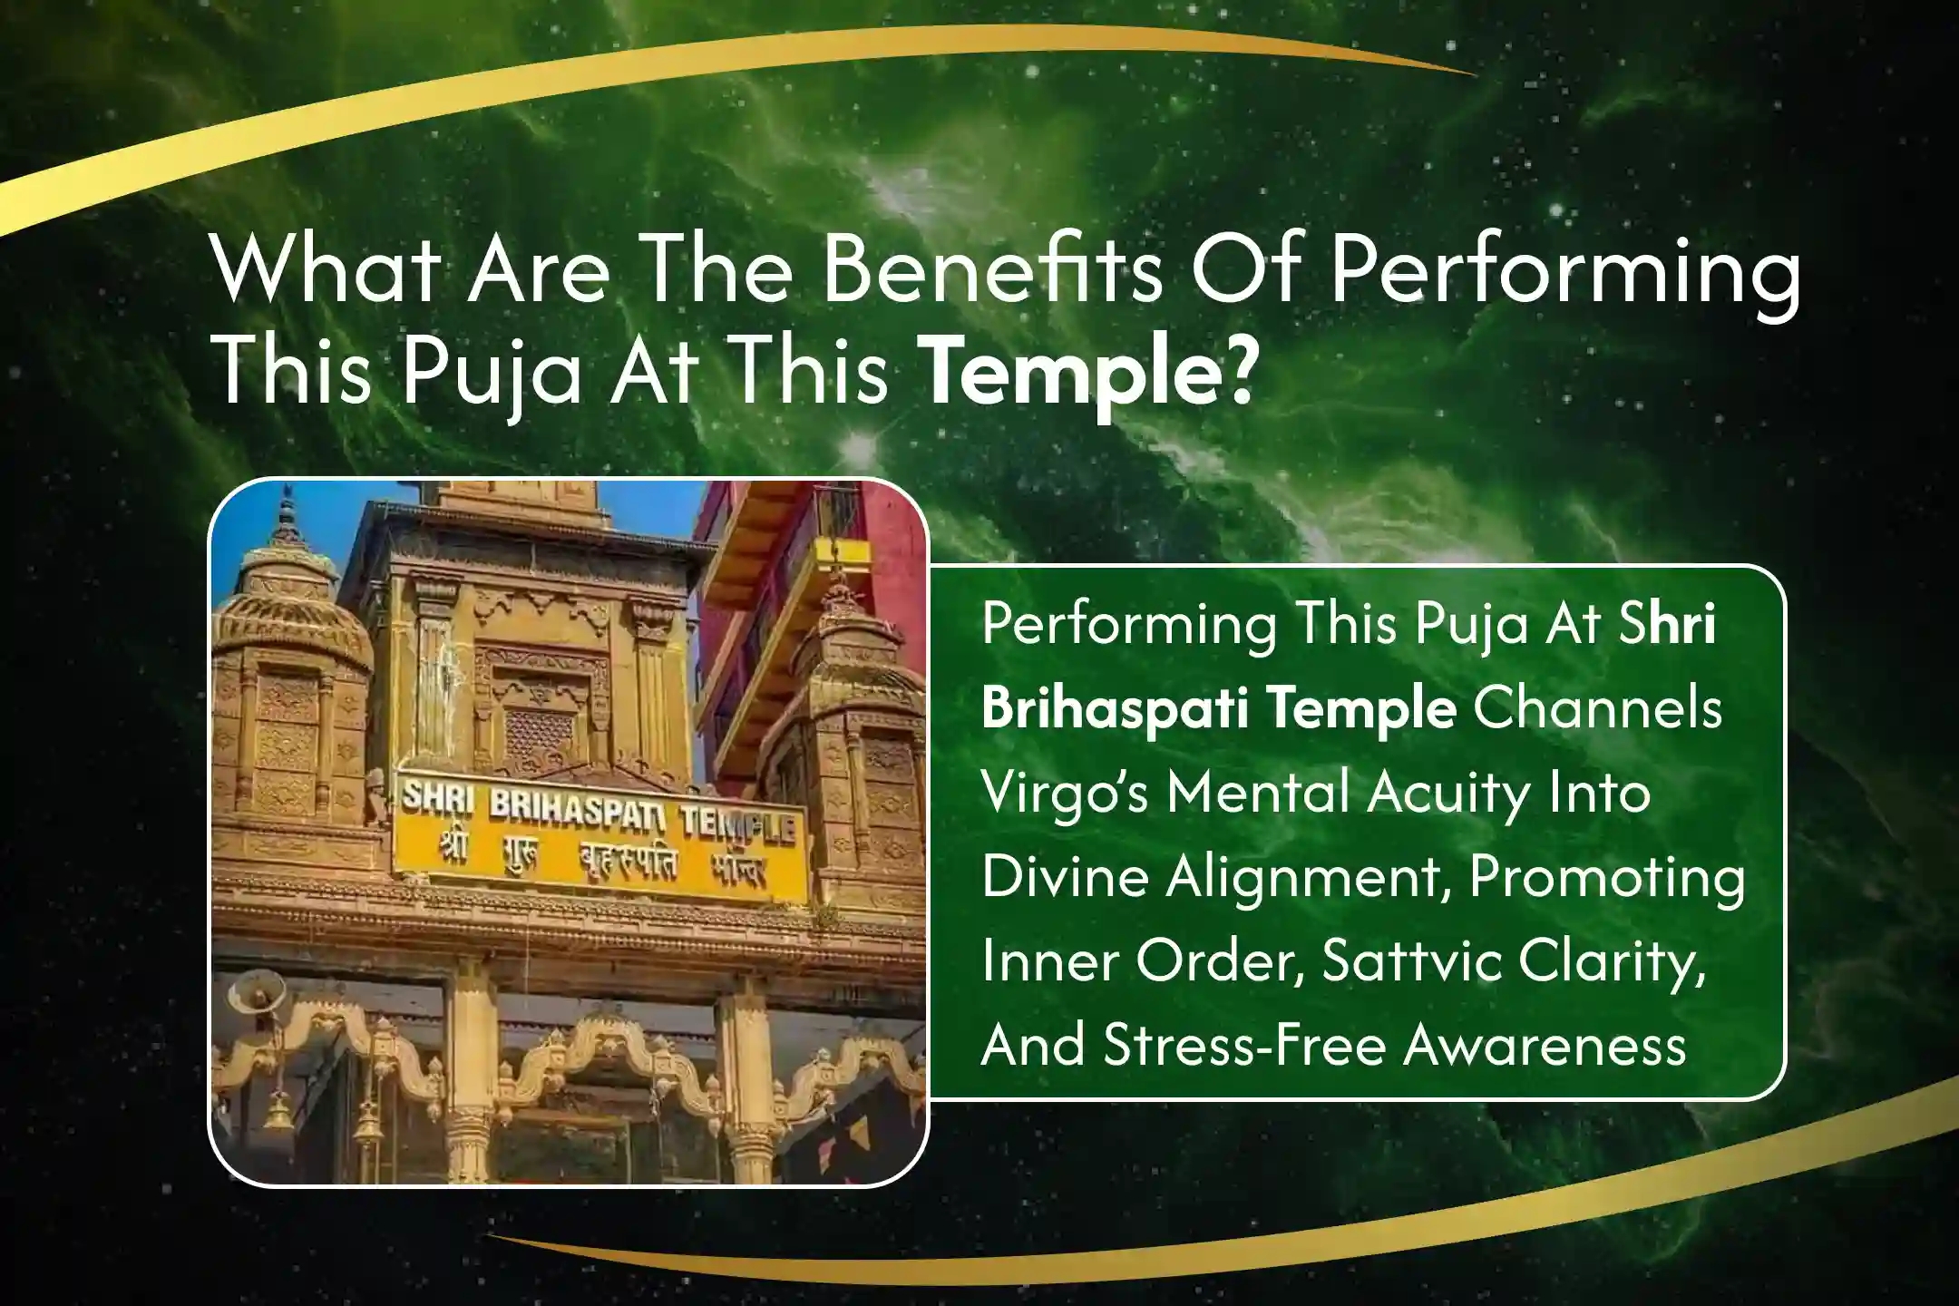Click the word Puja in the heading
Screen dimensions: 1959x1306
pyautogui.click(x=491, y=375)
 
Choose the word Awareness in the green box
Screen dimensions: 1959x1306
pyautogui.click(x=1545, y=1046)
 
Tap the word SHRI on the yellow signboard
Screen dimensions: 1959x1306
pyautogui.click(x=431, y=801)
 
